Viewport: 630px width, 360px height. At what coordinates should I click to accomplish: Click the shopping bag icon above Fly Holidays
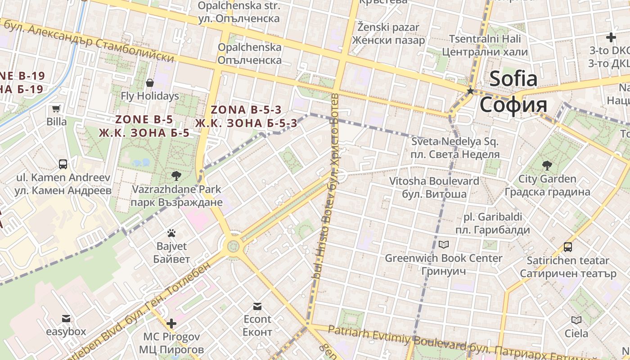click(150, 83)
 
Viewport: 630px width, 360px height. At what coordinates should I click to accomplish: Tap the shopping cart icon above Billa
click(56, 108)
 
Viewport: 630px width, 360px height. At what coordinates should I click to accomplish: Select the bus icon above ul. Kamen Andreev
click(63, 164)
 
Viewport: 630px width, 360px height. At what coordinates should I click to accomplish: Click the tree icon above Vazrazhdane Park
click(176, 175)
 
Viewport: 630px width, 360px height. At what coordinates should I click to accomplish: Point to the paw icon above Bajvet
click(171, 233)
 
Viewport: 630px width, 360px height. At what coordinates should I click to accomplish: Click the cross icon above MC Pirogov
click(171, 323)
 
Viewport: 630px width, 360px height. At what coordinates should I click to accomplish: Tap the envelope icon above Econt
click(257, 306)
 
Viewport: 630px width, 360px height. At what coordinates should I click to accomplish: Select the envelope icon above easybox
click(66, 319)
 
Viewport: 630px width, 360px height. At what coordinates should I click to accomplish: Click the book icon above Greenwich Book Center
click(444, 245)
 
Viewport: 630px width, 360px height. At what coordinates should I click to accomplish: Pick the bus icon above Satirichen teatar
click(568, 247)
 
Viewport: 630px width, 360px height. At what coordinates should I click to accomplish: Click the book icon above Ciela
click(576, 320)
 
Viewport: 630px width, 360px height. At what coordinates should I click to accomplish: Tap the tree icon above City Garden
click(547, 166)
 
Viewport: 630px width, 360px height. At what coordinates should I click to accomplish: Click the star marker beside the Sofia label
click(470, 91)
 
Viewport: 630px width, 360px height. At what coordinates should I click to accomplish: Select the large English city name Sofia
click(513, 79)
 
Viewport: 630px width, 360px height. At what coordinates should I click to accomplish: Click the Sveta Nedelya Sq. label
click(455, 142)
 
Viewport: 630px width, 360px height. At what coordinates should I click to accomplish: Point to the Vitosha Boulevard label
click(434, 181)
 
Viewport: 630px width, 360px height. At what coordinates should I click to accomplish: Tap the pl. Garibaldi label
click(493, 217)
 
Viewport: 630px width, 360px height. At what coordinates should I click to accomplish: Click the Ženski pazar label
click(388, 27)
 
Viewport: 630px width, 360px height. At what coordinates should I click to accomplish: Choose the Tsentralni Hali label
click(485, 39)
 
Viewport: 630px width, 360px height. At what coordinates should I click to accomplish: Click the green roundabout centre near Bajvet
click(233, 246)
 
